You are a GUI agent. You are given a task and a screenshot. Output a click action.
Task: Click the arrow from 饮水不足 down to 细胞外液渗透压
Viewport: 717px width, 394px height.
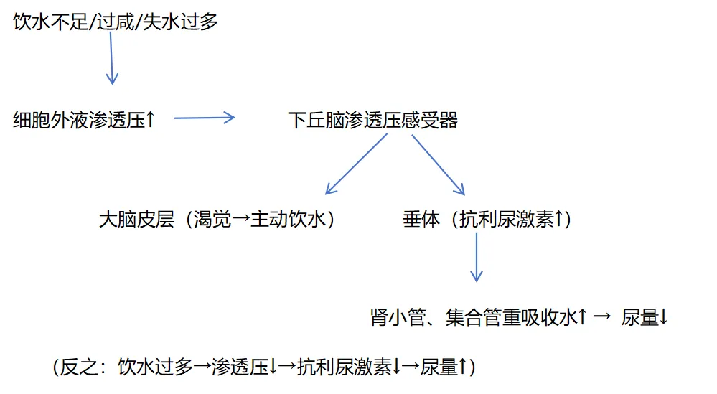coord(111,57)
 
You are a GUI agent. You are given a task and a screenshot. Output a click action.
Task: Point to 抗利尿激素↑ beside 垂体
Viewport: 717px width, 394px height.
coord(512,220)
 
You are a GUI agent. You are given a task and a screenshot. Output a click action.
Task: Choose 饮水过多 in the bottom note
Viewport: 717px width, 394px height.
coord(156,367)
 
